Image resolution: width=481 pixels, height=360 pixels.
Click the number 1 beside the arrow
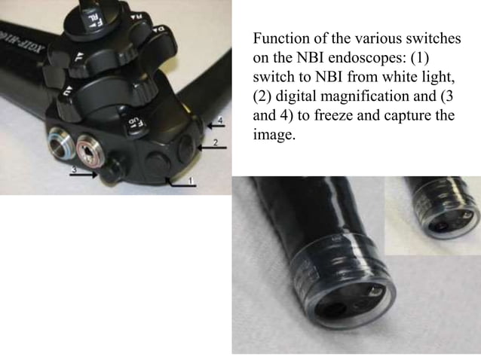click(191, 182)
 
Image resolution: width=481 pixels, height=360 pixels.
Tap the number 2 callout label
click(215, 142)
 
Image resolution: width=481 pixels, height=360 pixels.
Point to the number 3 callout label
click(73, 170)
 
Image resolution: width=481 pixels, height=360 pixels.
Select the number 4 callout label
click(221, 121)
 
